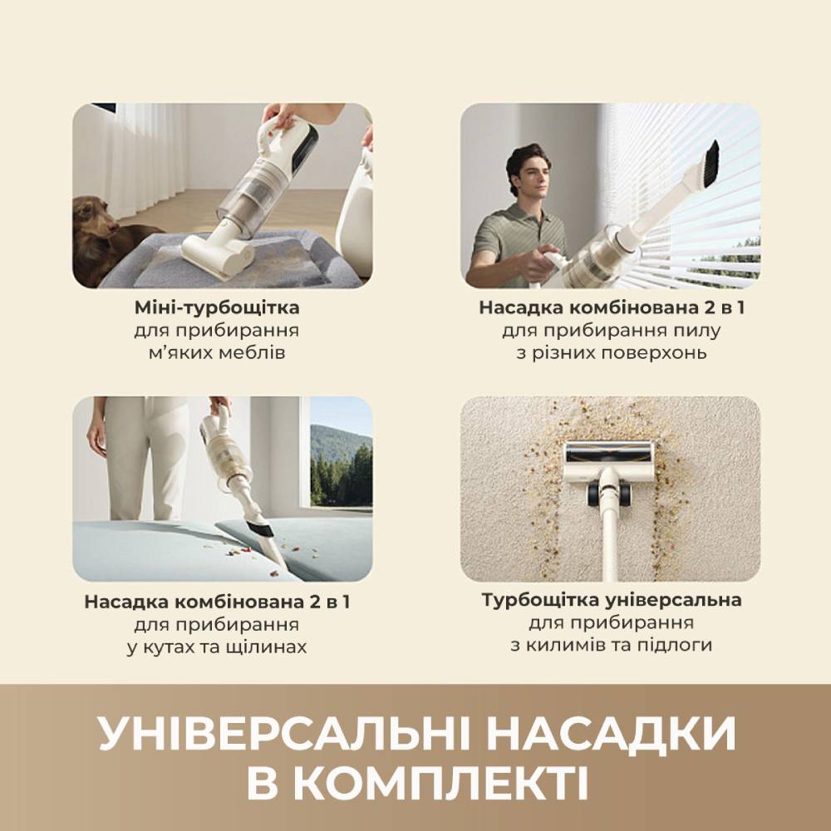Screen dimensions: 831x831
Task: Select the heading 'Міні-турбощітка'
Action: pos(217,308)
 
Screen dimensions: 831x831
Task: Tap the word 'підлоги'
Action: pos(679,646)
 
